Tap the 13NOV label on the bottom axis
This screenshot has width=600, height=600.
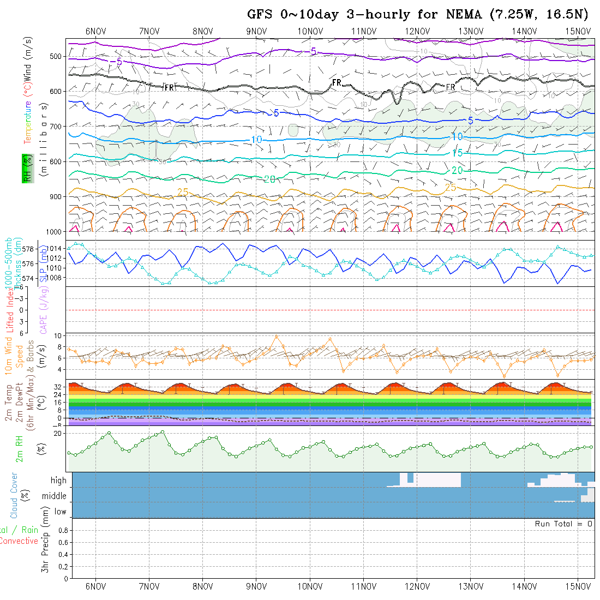(470, 586)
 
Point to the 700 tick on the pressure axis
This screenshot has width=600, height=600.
(57, 127)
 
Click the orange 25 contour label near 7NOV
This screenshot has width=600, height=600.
(183, 192)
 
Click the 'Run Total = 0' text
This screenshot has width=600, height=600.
(563, 524)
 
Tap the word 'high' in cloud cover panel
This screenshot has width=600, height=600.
(58, 481)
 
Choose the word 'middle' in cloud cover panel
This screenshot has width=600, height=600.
(54, 496)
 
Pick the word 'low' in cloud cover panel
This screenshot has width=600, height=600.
(60, 512)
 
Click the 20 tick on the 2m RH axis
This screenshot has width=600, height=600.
(59, 433)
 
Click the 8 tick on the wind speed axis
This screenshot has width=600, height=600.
(61, 346)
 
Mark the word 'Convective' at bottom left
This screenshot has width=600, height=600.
(19, 541)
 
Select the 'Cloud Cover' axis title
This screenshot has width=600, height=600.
(14, 495)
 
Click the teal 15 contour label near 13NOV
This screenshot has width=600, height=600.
(457, 153)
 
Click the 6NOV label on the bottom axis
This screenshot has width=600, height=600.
(95, 586)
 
